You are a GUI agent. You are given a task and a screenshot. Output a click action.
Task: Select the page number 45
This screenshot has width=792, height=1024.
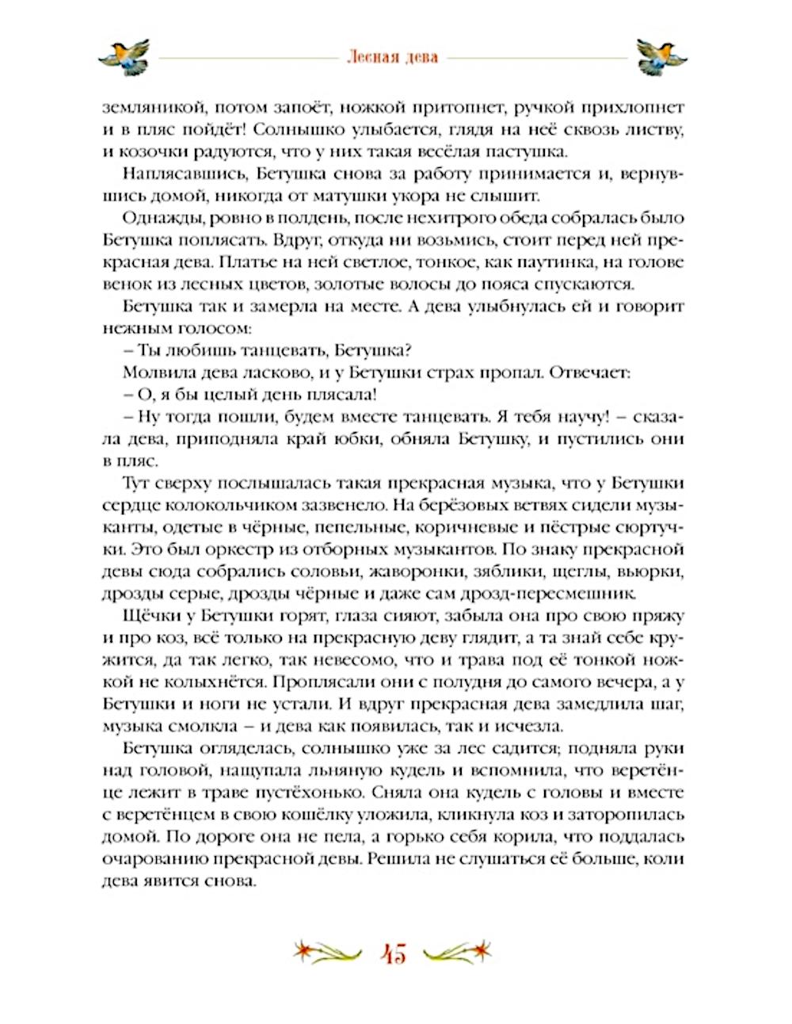pos(394,953)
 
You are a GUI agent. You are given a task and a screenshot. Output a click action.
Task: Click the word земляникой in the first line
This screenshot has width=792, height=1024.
pos(149,107)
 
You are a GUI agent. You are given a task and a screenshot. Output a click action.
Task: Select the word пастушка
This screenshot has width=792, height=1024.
pos(527,151)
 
